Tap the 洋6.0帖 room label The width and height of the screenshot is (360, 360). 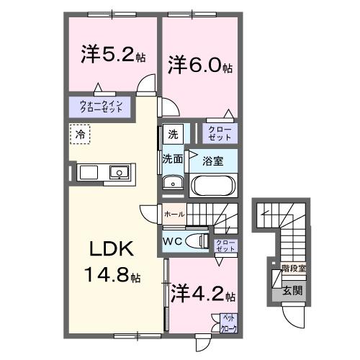point(200,66)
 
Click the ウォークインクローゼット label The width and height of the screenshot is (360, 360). point(105,107)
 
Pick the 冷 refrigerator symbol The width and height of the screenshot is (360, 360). point(81,133)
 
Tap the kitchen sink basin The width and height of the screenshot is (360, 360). point(118,172)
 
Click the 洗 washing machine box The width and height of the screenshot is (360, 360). point(173,134)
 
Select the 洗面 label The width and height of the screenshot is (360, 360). point(171,158)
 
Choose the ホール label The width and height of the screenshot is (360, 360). point(174,215)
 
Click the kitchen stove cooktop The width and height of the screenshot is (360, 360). point(88,172)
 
